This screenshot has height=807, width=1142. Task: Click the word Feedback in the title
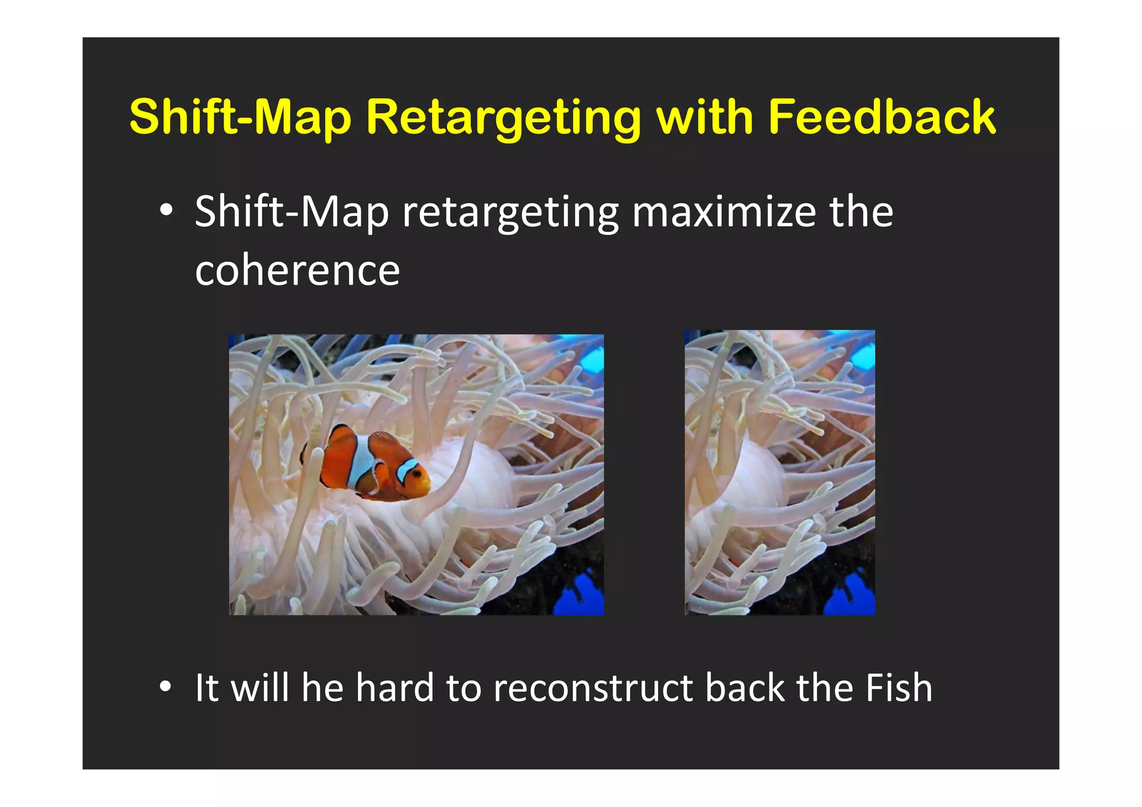click(x=882, y=117)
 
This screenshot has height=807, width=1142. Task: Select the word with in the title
click(x=705, y=117)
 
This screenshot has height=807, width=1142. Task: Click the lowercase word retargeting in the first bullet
click(x=510, y=213)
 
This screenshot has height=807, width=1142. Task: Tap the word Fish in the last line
click(x=898, y=688)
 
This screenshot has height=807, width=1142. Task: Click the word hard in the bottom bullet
click(x=395, y=688)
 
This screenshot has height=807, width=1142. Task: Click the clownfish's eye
click(x=416, y=473)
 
